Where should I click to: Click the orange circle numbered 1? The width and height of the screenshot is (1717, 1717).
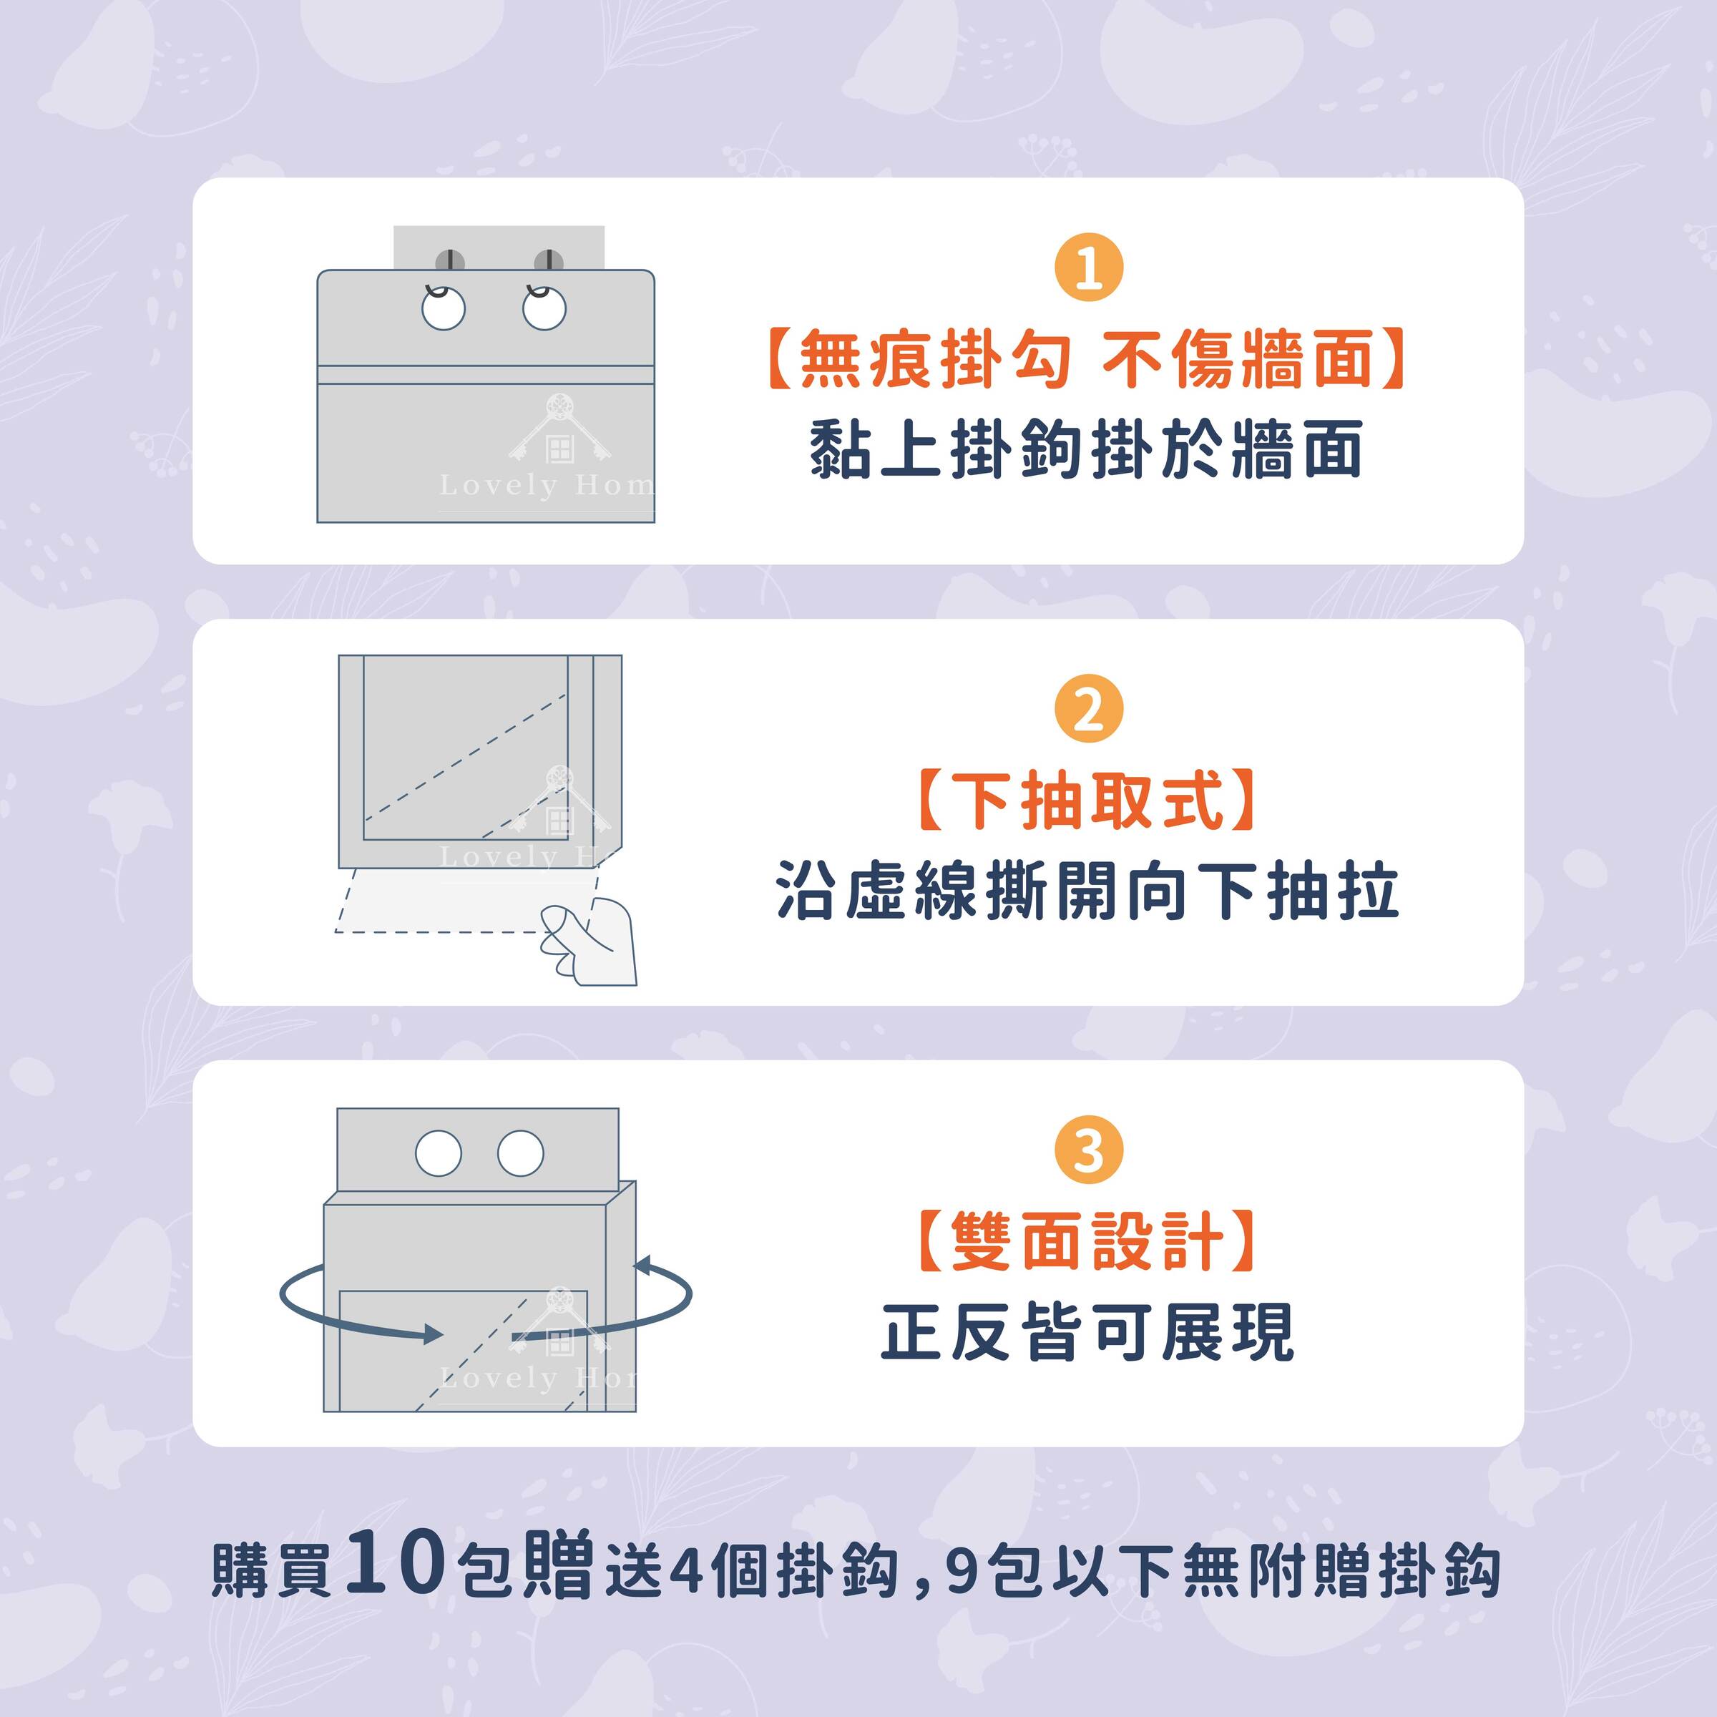[x=1089, y=268]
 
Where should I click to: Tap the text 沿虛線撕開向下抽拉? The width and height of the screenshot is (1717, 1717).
[x=1087, y=891]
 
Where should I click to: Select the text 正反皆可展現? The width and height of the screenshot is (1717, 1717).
[x=1087, y=1332]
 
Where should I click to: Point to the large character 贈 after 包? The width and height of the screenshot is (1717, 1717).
[x=557, y=1564]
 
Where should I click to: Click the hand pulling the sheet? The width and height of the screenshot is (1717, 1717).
[x=590, y=942]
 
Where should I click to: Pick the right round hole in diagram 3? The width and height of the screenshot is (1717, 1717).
[x=521, y=1153]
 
